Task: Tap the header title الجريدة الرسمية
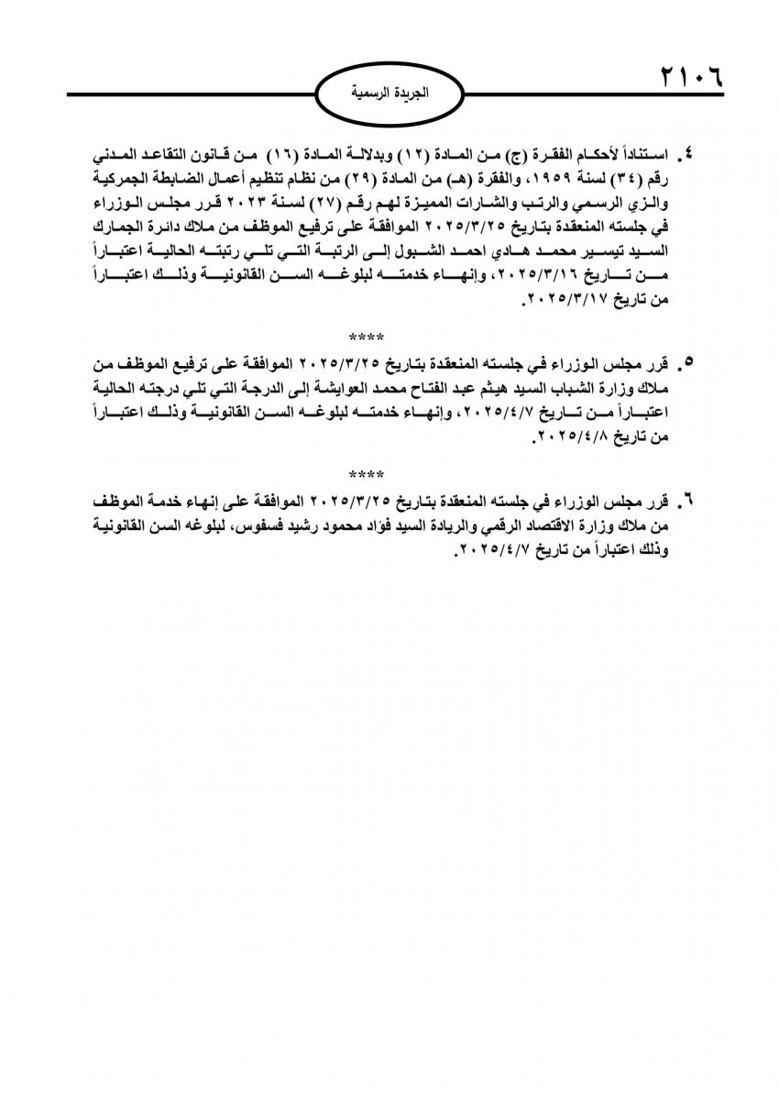coord(390,94)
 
